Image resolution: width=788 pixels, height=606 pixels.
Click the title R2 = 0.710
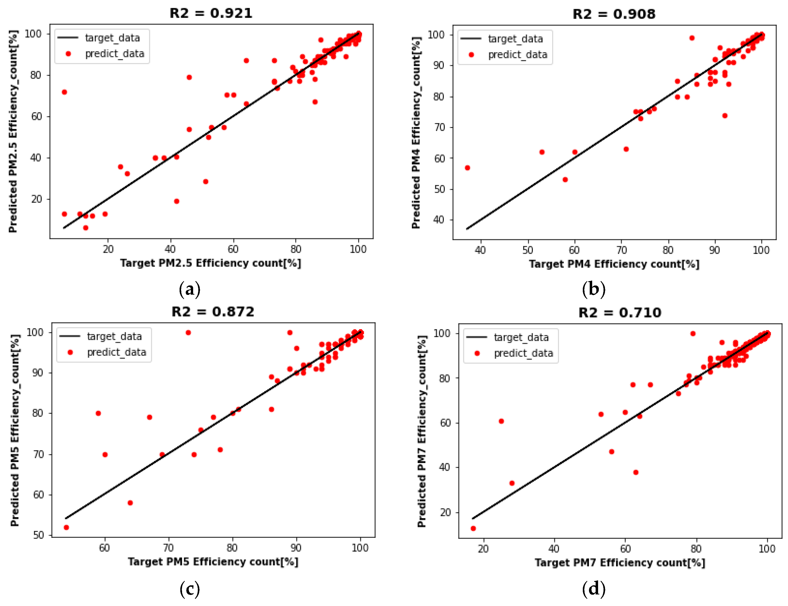tap(620, 313)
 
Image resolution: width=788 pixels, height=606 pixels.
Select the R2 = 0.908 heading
tap(614, 14)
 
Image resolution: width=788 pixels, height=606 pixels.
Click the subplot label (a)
tap(189, 289)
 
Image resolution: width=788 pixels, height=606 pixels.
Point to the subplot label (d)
tap(594, 589)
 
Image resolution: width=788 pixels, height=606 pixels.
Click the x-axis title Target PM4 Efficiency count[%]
tap(614, 264)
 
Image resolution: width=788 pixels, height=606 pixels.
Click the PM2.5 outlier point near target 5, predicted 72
tap(64, 92)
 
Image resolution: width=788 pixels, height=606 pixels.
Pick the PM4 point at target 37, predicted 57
tap(467, 168)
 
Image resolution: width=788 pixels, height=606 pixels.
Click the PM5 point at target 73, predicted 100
tap(188, 332)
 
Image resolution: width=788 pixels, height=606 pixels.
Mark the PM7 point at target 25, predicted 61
tap(501, 421)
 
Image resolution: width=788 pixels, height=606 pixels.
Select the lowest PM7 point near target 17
tap(473, 528)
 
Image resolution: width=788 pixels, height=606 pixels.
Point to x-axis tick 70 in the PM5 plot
tap(168, 548)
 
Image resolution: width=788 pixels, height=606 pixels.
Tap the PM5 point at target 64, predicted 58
tap(130, 503)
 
